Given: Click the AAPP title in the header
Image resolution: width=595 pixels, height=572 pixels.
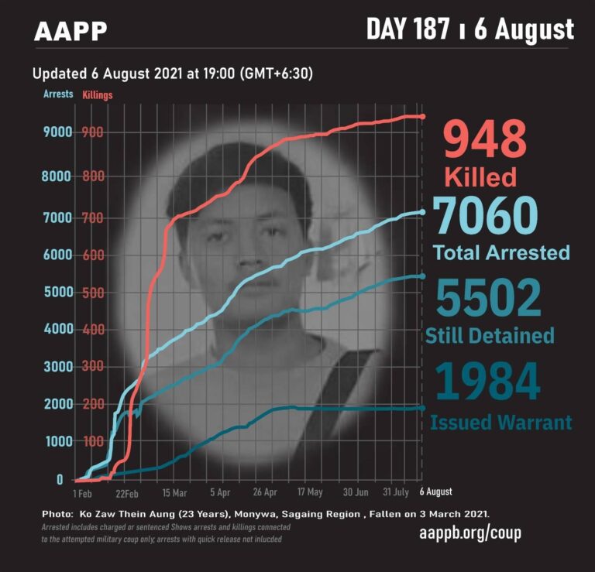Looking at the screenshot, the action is (71, 31).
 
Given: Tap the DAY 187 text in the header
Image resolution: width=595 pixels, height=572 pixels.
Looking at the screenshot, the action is (408, 29).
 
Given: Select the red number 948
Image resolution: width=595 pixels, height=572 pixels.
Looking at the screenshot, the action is (485, 139).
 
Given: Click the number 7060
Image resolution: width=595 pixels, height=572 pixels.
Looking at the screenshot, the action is (485, 216).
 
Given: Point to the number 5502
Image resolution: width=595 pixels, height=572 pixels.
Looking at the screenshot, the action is (489, 298).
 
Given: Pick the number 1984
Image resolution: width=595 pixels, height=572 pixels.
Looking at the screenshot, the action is (487, 381).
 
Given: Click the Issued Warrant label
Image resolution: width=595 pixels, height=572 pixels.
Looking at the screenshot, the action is (501, 423).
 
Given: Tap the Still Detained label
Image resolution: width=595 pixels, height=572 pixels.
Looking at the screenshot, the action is (490, 335).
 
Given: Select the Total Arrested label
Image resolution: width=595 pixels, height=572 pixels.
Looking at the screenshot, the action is (501, 252).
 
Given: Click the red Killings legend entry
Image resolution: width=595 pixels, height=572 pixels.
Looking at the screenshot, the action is (98, 95).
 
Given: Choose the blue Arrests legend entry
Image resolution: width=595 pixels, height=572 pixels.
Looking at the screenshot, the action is (58, 94).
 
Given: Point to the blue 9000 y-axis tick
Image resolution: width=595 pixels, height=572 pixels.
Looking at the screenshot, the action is (57, 132).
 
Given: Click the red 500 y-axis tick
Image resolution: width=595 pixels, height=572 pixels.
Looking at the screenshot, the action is (93, 293).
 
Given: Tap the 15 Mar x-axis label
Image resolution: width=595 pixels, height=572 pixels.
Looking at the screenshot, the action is (174, 493).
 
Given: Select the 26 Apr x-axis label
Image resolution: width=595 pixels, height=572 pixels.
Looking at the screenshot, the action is (265, 492).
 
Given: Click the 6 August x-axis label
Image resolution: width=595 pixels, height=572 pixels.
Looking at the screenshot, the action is (435, 492).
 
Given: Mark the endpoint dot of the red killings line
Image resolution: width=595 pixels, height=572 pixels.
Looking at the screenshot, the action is (422, 117).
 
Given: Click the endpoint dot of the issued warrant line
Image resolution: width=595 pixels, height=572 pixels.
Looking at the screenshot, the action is (422, 408).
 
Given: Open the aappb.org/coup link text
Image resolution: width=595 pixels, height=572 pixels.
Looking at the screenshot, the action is (470, 533).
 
